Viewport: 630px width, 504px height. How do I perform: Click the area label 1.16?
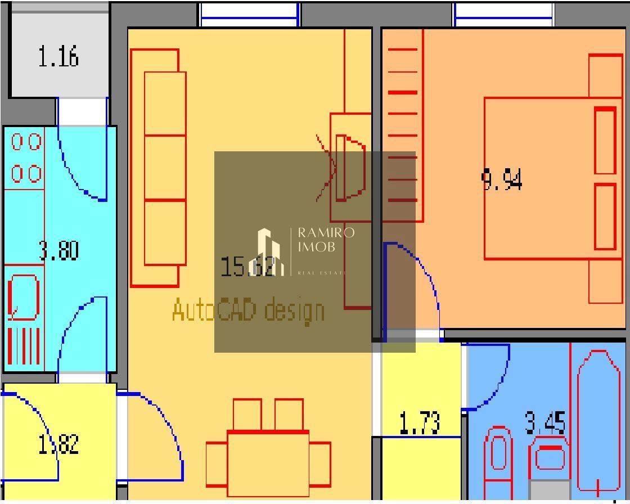58,57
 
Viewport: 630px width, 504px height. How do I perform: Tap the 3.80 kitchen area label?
58,250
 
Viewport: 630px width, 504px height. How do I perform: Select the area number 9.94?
502,181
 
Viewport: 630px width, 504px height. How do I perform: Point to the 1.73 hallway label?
420,423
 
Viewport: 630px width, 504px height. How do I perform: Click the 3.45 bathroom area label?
545,423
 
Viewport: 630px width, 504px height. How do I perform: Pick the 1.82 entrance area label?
58,444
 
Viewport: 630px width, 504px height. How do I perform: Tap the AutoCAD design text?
248,310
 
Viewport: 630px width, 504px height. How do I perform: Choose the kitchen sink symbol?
24,296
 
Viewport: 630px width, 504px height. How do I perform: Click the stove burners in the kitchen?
26,157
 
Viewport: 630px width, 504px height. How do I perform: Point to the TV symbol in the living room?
349,167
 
